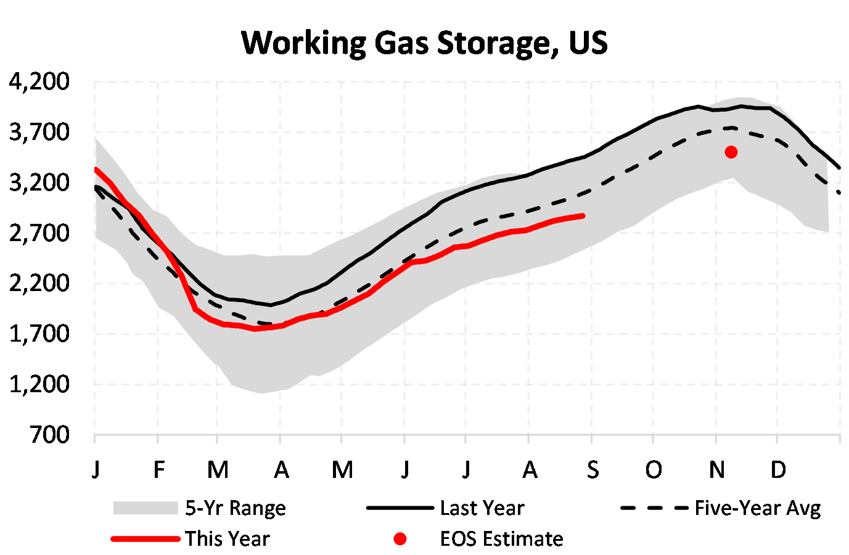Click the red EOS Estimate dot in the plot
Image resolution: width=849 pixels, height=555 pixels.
click(731, 152)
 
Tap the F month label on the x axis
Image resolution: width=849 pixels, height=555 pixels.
click(159, 470)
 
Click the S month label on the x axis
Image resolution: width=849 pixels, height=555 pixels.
click(593, 470)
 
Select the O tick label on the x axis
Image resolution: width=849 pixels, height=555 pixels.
click(654, 470)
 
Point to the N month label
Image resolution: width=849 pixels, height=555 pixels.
click(716, 470)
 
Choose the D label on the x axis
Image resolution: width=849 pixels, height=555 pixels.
click(778, 470)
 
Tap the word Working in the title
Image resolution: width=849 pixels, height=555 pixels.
click(303, 43)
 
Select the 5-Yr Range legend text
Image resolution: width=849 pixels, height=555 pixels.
click(236, 508)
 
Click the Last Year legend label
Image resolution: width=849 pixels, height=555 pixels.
click(482, 508)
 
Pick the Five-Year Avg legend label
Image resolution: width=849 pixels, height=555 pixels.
click(758, 508)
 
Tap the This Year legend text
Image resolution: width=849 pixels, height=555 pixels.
click(228, 538)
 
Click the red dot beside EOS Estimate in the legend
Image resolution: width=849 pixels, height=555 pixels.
click(400, 539)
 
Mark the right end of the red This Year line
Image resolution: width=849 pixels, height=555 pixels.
click(583, 216)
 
